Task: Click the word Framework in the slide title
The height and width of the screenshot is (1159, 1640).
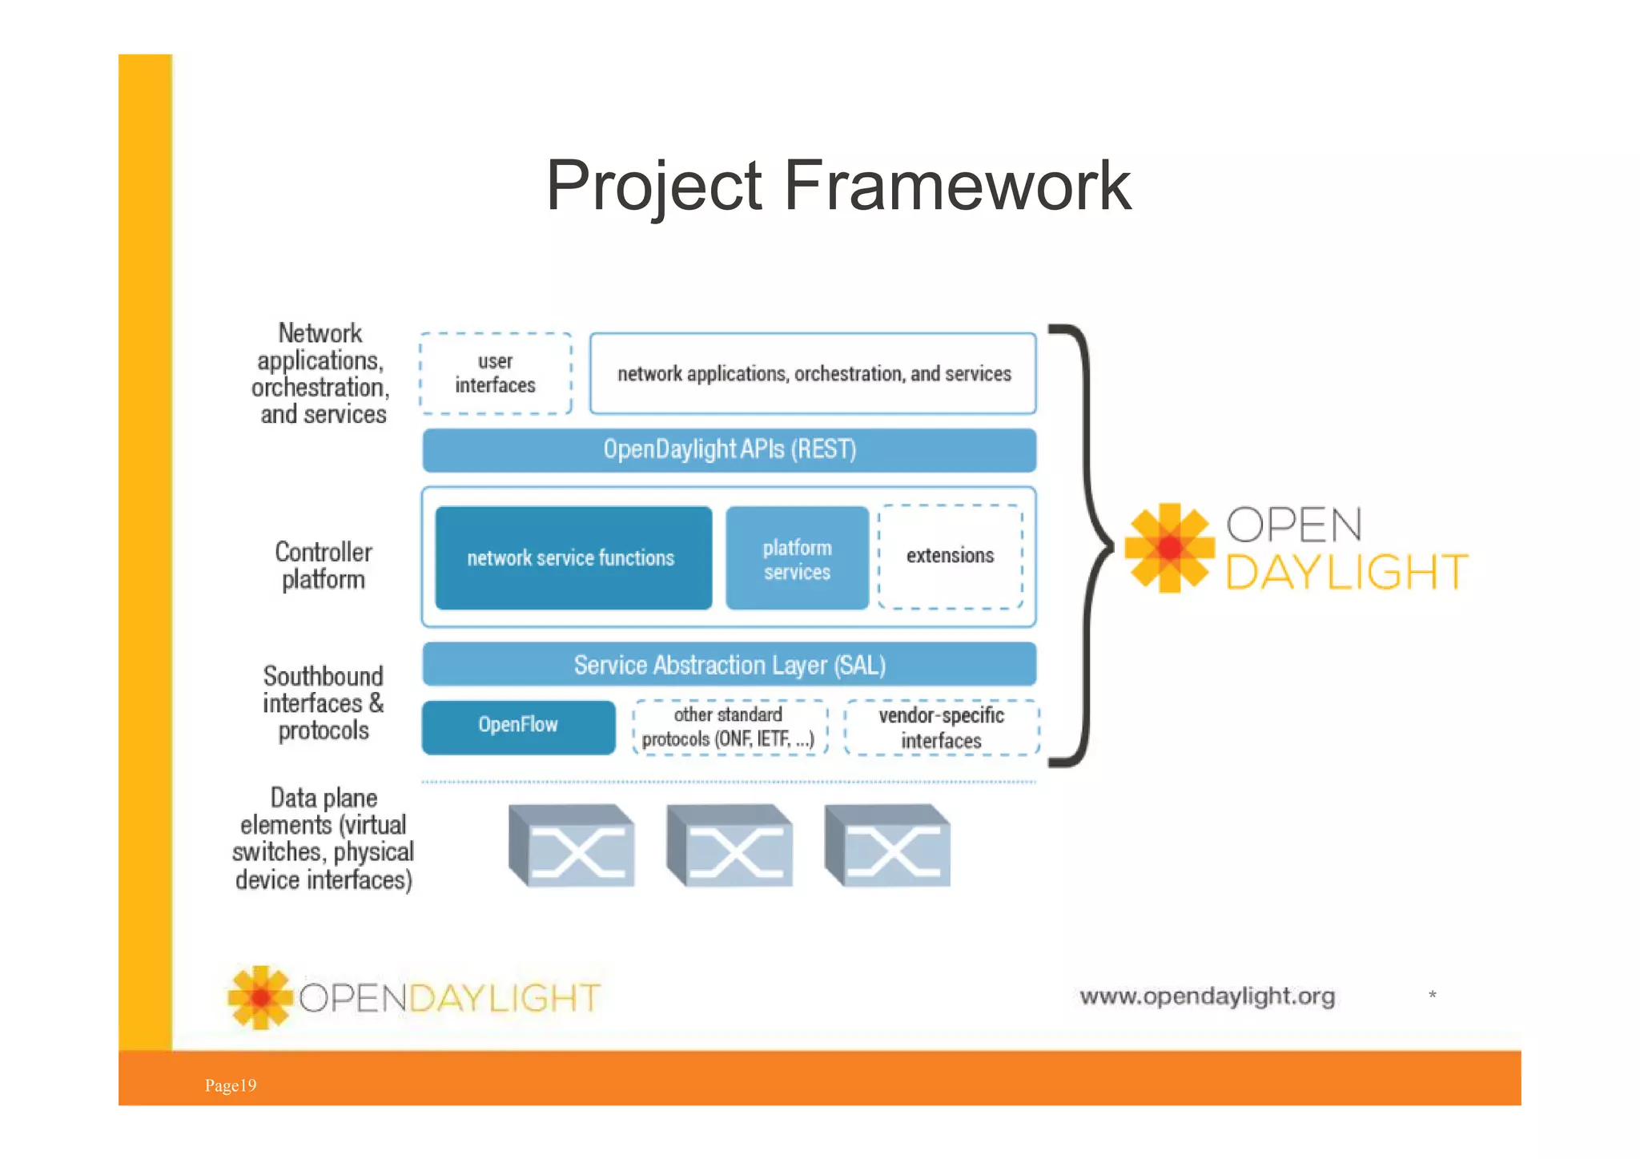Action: [957, 186]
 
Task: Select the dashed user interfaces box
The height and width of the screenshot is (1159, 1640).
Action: [496, 374]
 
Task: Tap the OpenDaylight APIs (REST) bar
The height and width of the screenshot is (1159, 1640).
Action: [730, 450]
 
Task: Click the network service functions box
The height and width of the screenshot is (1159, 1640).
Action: [573, 558]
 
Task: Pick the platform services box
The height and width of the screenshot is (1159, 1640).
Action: [797, 559]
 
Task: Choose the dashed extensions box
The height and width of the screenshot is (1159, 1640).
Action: [951, 557]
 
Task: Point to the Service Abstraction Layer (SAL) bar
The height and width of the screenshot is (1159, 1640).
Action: [730, 665]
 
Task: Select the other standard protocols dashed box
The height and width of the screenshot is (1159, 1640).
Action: [729, 727]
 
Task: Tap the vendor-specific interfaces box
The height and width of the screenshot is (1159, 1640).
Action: [942, 727]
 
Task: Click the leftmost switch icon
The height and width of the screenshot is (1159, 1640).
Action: [572, 847]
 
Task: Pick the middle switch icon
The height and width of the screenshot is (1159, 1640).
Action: [730, 847]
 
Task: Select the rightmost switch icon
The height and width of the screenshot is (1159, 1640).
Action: [887, 847]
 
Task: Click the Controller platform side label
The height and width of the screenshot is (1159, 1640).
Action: [324, 565]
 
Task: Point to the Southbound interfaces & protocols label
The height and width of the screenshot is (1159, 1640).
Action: [324, 703]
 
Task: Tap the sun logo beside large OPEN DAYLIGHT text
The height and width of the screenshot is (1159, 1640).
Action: [1169, 548]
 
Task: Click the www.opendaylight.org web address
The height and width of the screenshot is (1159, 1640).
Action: [1207, 996]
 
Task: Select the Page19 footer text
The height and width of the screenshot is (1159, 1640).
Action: [231, 1085]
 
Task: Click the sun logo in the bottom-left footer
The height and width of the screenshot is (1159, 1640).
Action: [260, 997]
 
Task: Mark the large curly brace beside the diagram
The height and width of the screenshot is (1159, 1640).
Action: [1085, 546]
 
